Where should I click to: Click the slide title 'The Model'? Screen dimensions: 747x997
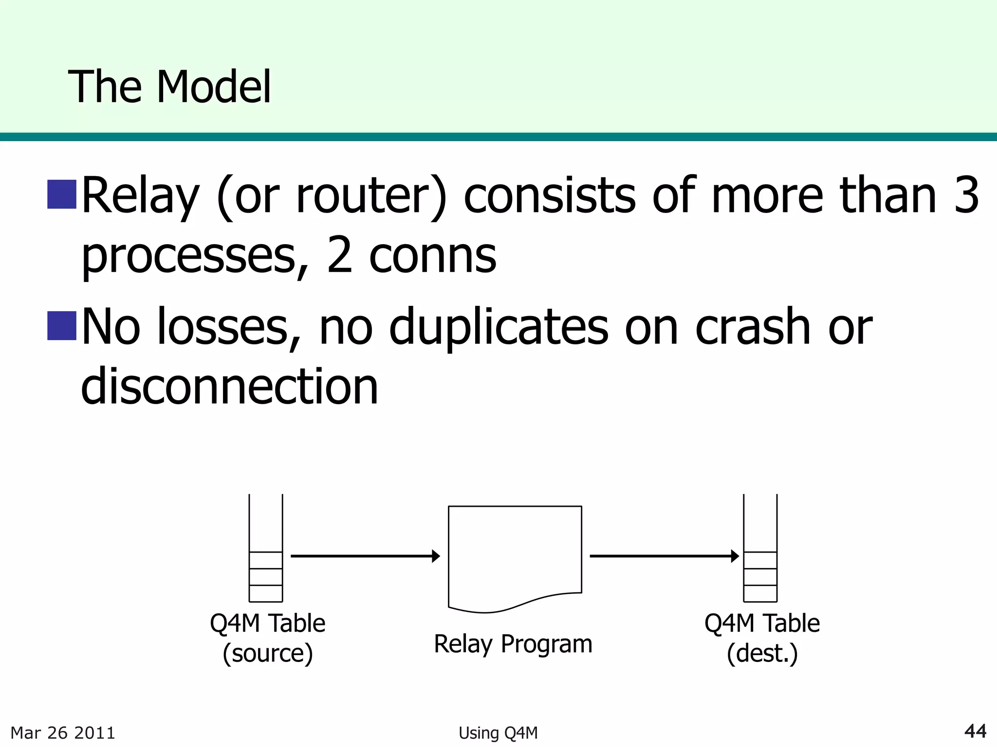[x=169, y=88]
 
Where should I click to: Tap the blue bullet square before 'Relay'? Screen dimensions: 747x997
[x=62, y=194]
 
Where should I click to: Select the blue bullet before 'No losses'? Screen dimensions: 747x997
[x=62, y=325]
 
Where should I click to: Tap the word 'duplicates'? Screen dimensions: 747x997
[x=498, y=327]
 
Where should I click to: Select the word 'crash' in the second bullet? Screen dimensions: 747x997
[x=753, y=327]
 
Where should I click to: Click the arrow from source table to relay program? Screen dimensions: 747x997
[x=365, y=556]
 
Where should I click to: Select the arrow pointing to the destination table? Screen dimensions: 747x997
[x=664, y=556]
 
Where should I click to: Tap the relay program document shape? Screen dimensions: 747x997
[x=515, y=554]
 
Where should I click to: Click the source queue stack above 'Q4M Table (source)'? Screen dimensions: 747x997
[x=266, y=550]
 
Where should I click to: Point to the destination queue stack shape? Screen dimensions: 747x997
[x=760, y=550]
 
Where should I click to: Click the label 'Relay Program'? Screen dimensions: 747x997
[x=513, y=644]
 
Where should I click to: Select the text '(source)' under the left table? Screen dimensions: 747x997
[x=267, y=653]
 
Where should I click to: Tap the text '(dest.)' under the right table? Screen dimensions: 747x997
[x=762, y=653]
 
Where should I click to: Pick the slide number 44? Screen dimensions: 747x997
[x=975, y=731]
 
